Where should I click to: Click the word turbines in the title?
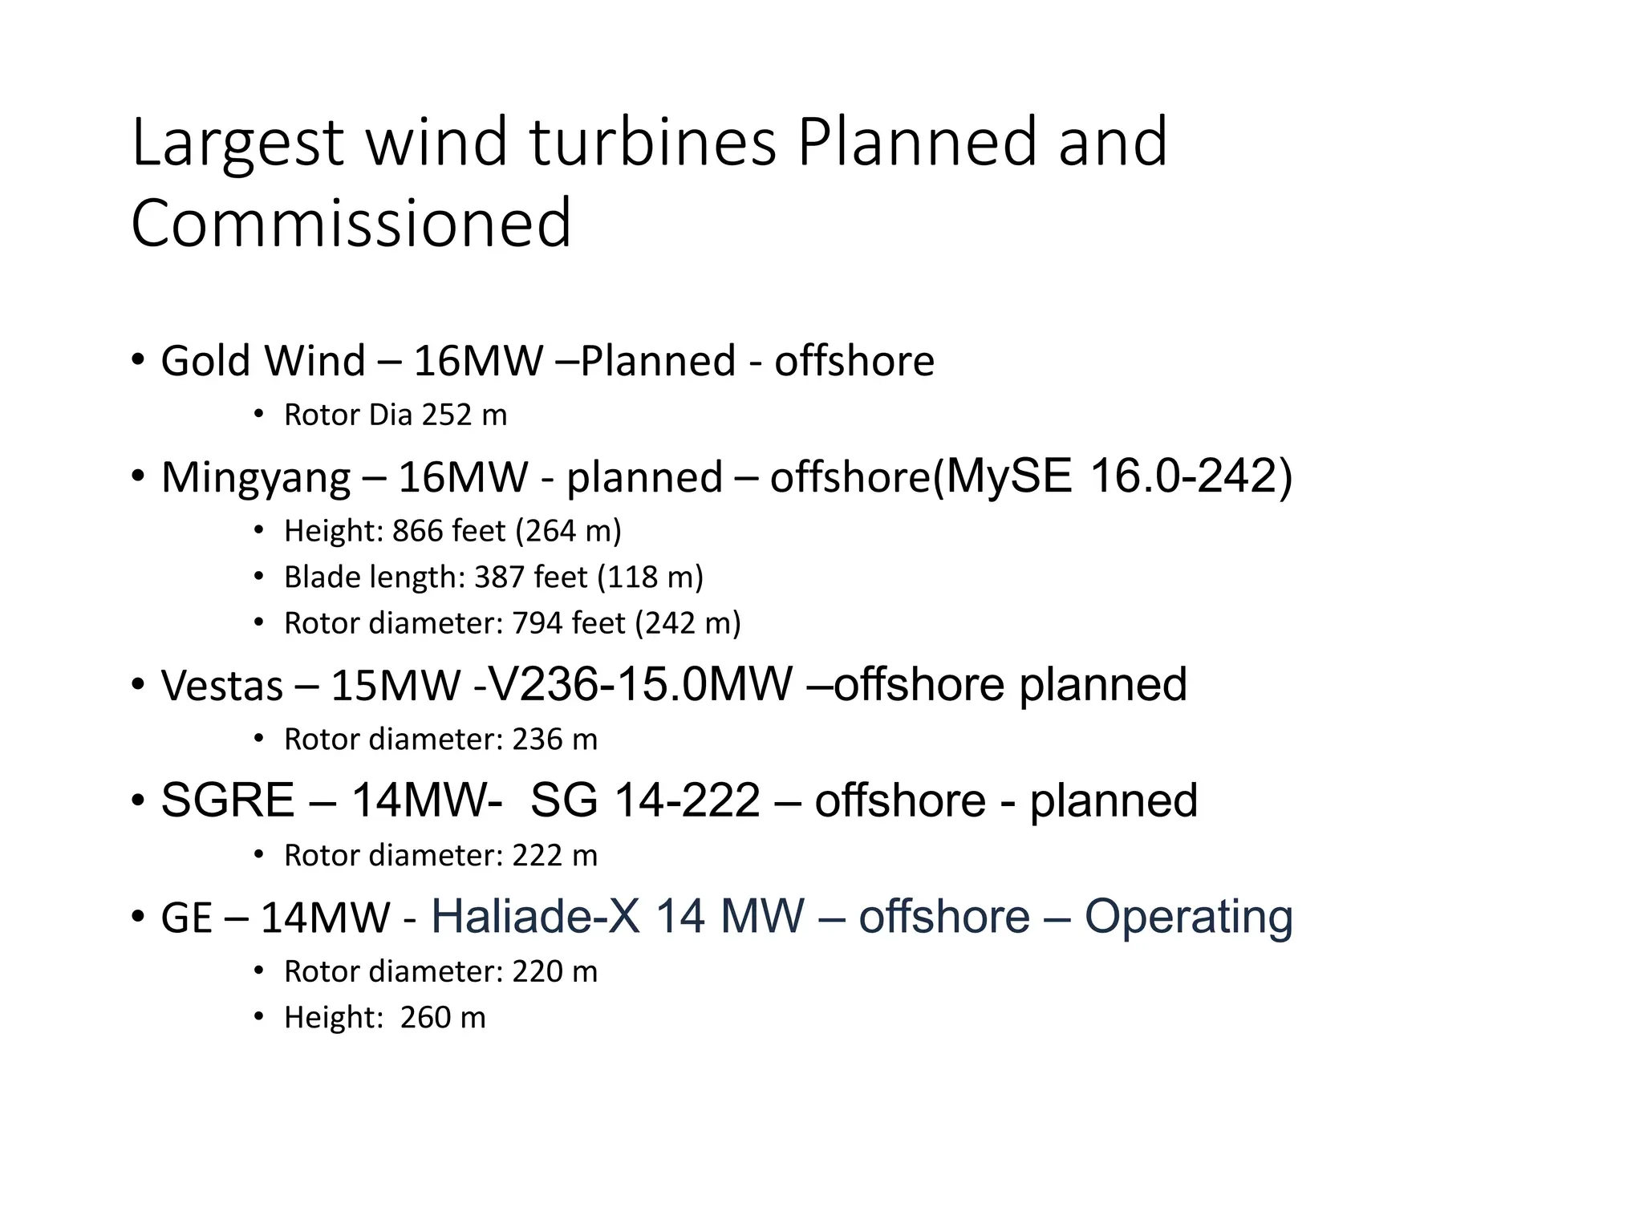(x=653, y=142)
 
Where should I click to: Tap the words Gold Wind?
(x=263, y=360)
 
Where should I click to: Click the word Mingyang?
(x=256, y=477)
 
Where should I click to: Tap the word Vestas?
(x=222, y=686)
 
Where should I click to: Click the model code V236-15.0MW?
(x=639, y=684)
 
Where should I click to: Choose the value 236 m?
(x=554, y=740)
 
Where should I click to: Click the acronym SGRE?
(x=228, y=800)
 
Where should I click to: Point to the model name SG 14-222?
(x=645, y=800)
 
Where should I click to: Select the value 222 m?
(x=554, y=856)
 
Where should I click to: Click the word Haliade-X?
(x=536, y=916)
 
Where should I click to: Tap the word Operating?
(x=1188, y=916)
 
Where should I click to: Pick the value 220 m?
(x=554, y=972)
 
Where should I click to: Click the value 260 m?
(x=443, y=1018)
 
